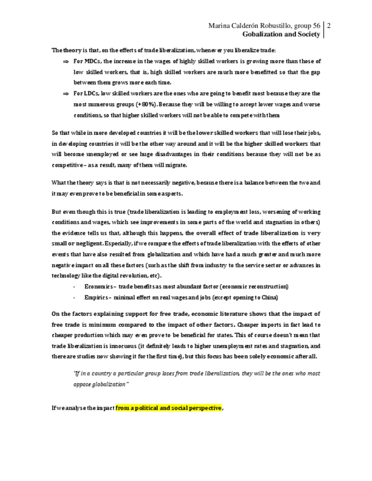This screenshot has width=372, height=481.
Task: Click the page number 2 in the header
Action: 329,26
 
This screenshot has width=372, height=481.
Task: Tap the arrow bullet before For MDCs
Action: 65,61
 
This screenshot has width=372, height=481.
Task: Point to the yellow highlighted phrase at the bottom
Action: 168,408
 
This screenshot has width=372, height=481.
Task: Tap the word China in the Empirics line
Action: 269,297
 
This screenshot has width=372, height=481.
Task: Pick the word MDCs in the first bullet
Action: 91,61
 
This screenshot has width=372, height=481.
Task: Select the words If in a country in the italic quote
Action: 93,373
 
